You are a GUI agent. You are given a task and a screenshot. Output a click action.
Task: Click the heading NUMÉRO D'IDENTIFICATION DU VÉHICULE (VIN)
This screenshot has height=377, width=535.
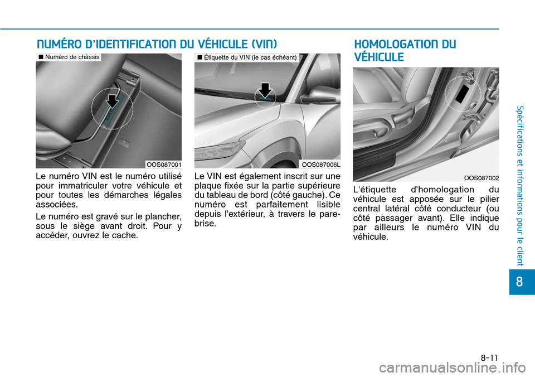point(156,44)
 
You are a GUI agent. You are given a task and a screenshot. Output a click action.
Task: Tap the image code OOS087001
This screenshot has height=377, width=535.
point(163,164)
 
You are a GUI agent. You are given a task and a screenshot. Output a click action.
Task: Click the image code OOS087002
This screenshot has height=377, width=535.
point(481,177)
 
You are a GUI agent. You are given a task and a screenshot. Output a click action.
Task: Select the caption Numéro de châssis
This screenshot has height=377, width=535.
point(69,57)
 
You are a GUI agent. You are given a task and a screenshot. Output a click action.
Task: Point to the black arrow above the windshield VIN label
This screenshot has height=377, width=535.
point(265,89)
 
